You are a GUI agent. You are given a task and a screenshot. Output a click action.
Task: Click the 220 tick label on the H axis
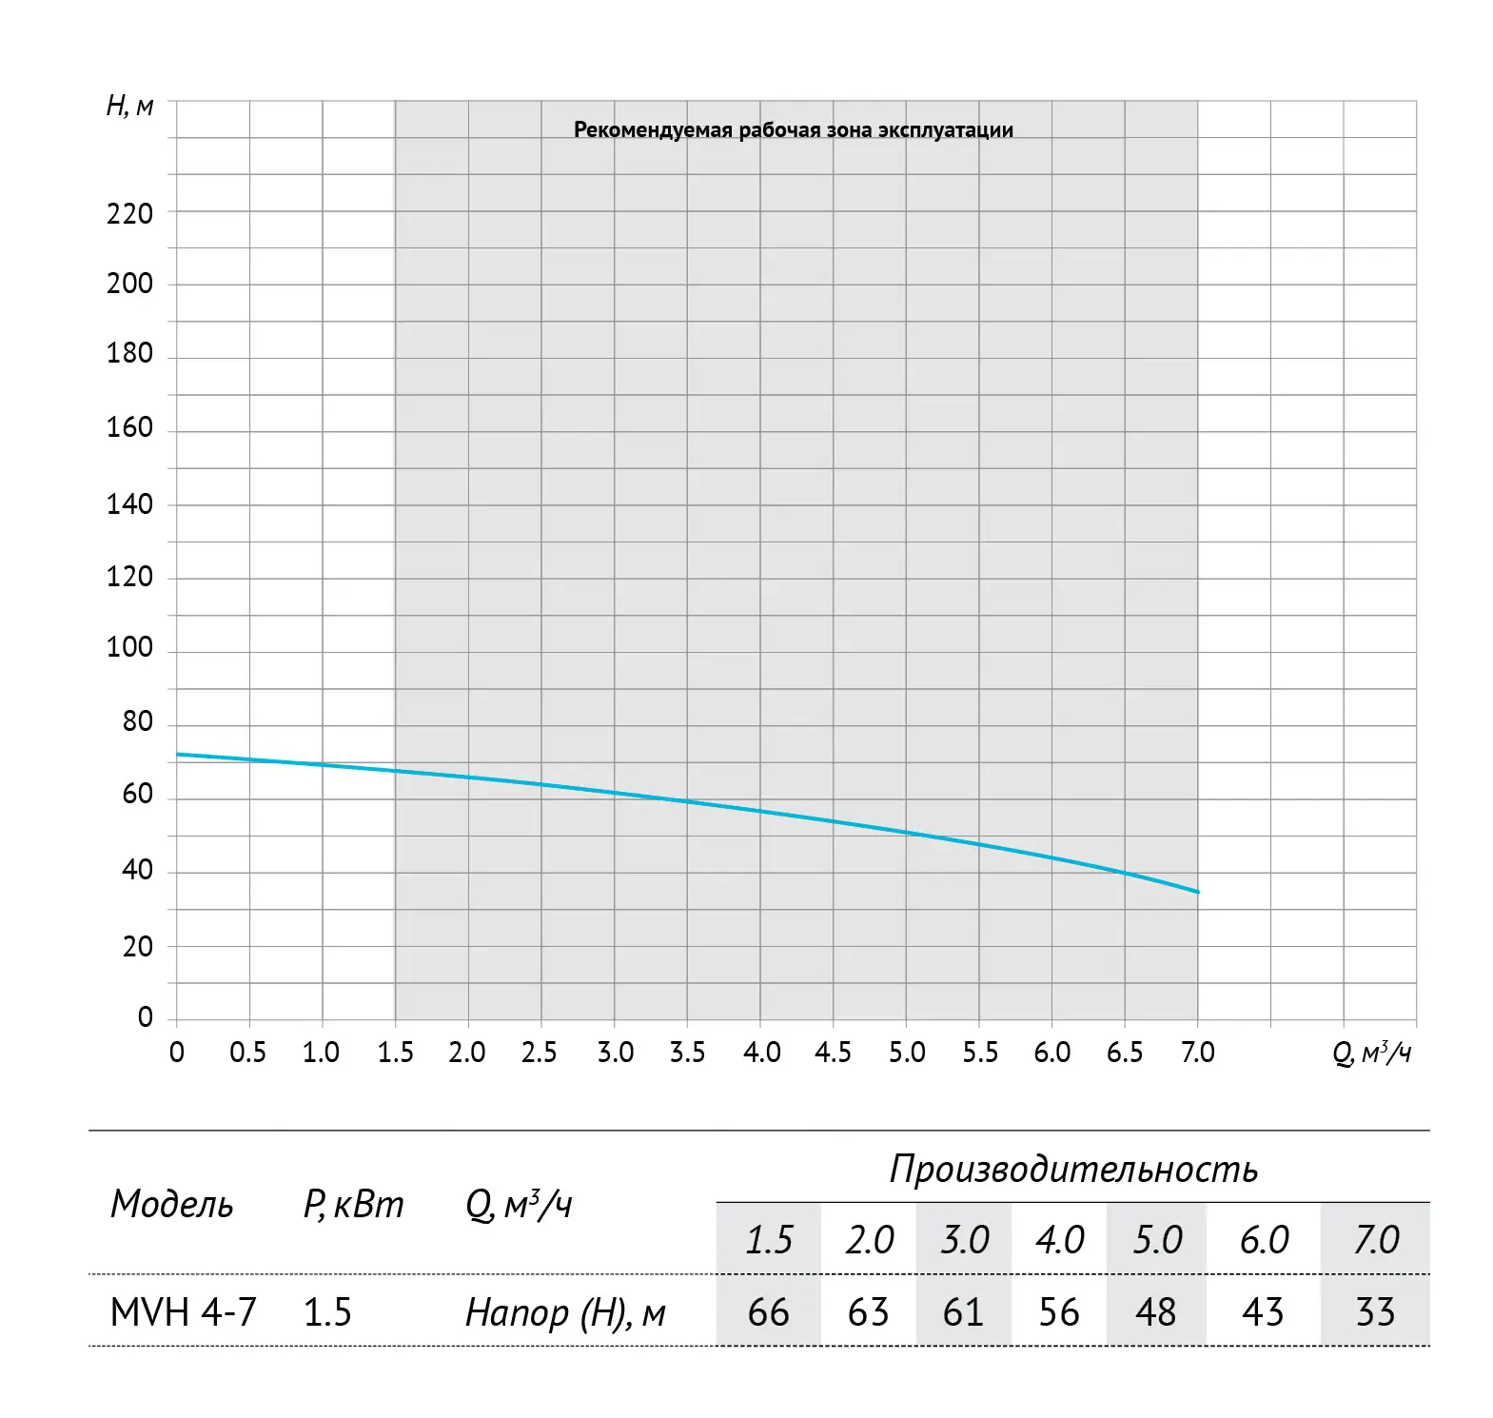tap(129, 213)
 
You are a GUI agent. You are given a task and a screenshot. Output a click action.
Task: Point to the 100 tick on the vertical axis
tap(129, 647)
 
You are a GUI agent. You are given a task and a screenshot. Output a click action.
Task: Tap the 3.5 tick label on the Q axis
tap(687, 1053)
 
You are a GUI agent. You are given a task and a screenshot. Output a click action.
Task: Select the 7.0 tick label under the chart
tap(1198, 1053)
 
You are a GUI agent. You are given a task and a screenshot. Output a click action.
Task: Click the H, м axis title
tap(129, 106)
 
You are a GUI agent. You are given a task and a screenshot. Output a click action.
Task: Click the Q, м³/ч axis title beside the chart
tap(1371, 1054)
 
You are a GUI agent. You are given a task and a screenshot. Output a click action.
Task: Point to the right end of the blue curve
tap(1198, 892)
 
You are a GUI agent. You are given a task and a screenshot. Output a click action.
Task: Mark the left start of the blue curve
tap(178, 755)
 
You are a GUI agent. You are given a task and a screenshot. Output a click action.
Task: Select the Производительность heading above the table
tap(1073, 1169)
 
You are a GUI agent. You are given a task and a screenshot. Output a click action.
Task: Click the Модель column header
tap(171, 1205)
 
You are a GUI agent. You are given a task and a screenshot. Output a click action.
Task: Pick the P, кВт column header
tap(353, 1206)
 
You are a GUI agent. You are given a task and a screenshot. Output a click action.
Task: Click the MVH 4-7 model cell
tap(184, 1312)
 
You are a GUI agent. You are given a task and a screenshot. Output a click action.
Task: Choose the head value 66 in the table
tap(769, 1312)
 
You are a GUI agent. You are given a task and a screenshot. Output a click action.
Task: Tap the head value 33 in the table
tap(1375, 1312)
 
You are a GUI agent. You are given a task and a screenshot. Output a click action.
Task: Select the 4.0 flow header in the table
tap(1059, 1240)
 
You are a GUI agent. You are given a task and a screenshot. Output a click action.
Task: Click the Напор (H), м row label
tap(565, 1313)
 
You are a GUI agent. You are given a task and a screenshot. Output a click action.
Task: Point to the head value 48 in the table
tap(1156, 1312)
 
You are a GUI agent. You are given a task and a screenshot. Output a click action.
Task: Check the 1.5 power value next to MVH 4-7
tap(327, 1312)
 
